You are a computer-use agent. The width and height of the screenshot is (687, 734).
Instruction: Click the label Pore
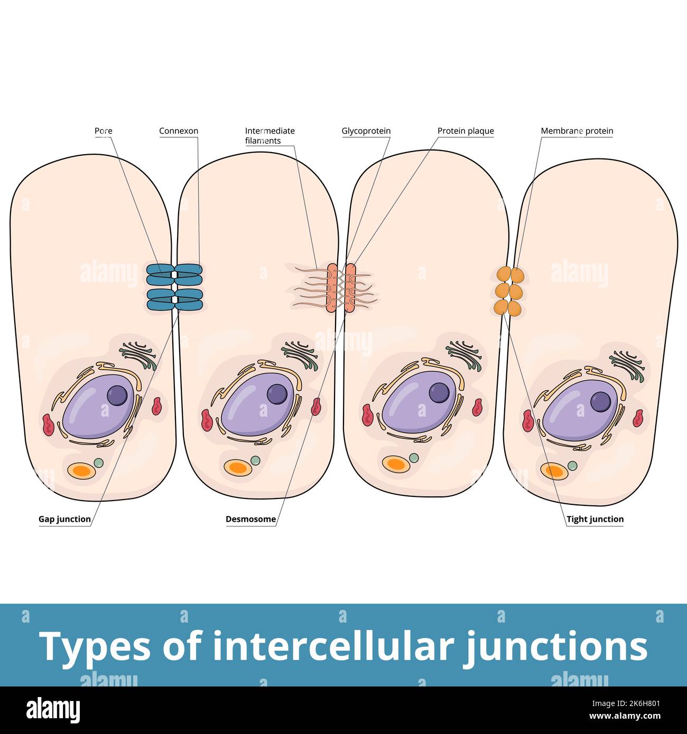103,131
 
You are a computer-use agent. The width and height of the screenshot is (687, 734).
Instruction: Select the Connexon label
179,131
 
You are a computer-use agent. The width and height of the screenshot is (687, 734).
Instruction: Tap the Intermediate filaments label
270,136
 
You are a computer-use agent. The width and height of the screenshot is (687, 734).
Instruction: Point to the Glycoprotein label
366,131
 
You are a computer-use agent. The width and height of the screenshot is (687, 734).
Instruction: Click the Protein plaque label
466,131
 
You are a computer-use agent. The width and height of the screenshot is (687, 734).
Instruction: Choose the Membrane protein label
577,131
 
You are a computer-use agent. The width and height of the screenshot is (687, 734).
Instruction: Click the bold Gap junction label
64,519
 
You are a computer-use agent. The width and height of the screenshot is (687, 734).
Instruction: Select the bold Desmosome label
250,519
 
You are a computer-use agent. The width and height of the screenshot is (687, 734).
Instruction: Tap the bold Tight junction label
595,519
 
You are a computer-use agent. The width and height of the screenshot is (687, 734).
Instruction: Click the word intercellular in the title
333,646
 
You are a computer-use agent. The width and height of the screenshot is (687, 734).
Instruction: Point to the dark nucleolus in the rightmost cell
600,402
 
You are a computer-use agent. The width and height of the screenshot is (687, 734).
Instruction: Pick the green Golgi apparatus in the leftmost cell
139,355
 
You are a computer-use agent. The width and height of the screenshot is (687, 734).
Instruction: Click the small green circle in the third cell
414,457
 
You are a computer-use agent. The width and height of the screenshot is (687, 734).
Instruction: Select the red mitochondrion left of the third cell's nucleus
368,415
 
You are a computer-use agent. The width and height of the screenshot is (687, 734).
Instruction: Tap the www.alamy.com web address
625,717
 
